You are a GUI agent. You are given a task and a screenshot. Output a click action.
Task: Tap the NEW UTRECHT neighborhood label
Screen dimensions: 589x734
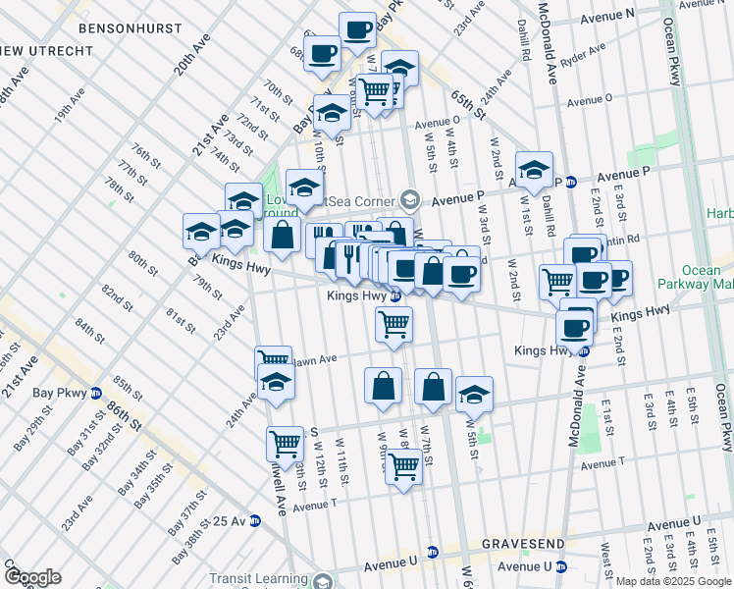coord(29,49)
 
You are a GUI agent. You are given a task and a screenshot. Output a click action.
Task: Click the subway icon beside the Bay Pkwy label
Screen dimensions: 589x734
coord(96,394)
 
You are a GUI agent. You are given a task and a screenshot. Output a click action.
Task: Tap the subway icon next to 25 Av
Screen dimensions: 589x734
coord(254,520)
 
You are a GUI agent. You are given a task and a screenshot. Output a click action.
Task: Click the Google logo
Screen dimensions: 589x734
coord(32,577)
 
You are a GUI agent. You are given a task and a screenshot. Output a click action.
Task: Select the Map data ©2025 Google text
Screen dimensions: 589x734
coord(673,581)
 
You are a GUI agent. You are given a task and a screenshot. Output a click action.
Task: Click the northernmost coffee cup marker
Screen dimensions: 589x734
coord(356,28)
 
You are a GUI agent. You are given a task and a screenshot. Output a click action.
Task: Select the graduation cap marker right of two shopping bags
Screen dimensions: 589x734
coord(474,394)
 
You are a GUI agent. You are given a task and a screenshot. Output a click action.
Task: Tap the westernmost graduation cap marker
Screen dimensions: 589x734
coord(201,231)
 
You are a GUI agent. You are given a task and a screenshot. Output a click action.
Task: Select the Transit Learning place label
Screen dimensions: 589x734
coord(263,579)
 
